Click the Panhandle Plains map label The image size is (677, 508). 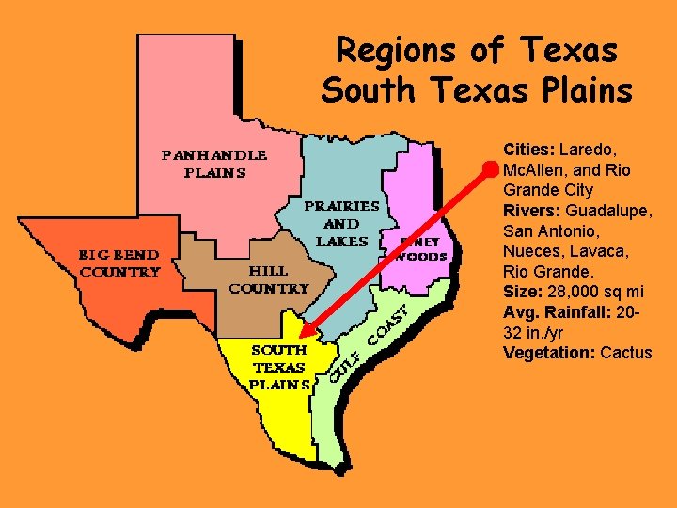pos(215,163)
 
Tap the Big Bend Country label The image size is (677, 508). pos(118,262)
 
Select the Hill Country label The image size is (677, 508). pos(268,279)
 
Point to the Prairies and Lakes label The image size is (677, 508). pos(341,223)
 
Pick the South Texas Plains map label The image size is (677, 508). pos(279,367)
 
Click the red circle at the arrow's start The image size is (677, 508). pos(490,170)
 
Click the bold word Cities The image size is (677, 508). pos(530,151)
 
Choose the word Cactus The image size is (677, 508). pos(625,353)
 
